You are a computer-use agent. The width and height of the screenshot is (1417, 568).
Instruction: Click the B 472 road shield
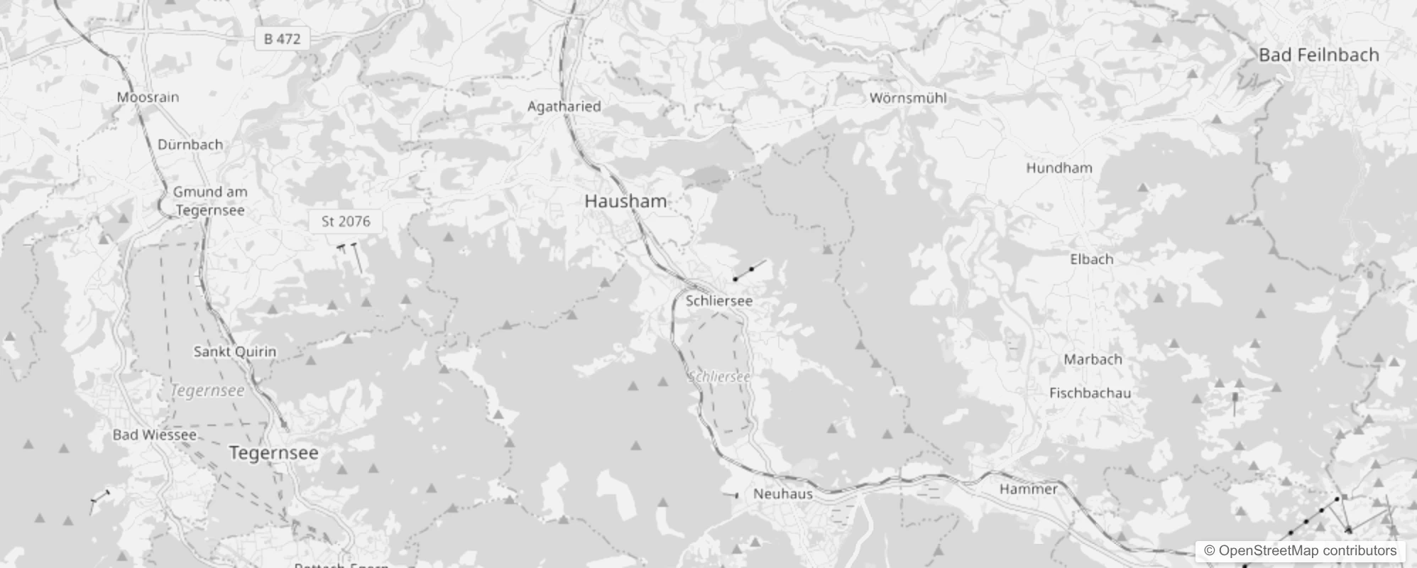[282, 39]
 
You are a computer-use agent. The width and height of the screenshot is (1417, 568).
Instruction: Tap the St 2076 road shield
[346, 222]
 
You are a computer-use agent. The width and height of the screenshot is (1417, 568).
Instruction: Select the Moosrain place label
[148, 97]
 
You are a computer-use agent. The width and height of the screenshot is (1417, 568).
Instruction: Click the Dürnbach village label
[190, 145]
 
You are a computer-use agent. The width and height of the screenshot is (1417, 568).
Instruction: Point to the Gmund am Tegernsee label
[210, 201]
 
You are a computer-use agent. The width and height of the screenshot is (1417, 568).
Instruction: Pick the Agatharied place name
[564, 106]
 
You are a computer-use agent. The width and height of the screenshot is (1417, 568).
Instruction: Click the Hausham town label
[625, 202]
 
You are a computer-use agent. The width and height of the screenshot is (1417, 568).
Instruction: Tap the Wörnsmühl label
[908, 98]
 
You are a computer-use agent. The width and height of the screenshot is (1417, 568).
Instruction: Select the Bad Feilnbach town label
[1318, 55]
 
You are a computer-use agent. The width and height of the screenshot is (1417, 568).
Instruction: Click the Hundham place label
[1059, 168]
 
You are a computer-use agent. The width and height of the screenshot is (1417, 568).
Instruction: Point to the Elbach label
[1091, 259]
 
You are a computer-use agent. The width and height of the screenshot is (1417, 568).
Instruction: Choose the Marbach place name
[1093, 359]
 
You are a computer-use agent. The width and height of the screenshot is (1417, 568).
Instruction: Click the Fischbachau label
[1090, 393]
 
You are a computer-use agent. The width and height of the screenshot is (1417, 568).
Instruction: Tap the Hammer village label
[1028, 488]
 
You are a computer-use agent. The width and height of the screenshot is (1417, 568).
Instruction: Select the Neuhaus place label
[782, 493]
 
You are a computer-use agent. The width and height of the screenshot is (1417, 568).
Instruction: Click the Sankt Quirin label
[235, 351]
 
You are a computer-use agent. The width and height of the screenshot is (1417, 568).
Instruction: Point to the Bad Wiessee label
[154, 435]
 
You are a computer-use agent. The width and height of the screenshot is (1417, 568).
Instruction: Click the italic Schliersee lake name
[718, 377]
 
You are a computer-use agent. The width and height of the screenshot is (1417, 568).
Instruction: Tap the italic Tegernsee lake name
[207, 390]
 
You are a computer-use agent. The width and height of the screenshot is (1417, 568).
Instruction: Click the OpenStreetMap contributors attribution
[1300, 551]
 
